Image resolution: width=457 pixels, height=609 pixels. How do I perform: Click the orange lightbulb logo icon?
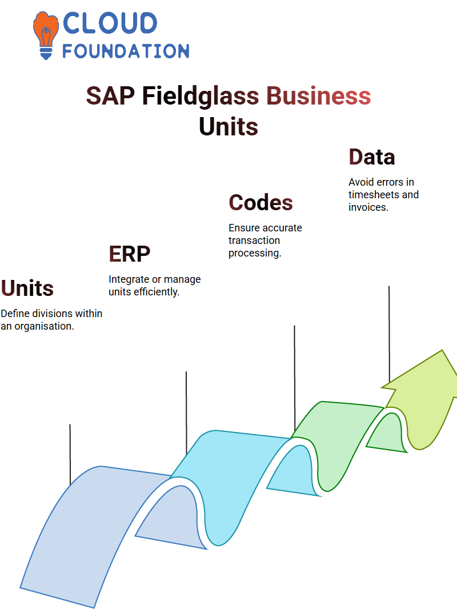46,35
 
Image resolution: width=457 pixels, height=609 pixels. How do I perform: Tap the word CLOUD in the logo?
110,23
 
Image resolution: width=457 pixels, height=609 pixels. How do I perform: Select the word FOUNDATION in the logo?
126,51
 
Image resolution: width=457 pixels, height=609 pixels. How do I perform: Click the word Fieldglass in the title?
201,96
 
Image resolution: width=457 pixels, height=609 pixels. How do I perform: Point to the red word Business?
318,95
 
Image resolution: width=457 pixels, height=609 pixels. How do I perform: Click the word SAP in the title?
110,96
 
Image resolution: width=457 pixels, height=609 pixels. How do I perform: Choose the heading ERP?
129,254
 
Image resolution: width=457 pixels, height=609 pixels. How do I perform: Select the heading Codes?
260,203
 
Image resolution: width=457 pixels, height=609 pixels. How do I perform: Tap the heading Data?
371,157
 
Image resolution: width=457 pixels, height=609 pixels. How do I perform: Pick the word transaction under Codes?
254,241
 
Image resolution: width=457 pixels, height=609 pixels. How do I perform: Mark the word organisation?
44,326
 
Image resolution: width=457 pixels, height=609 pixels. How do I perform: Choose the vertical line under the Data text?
389,335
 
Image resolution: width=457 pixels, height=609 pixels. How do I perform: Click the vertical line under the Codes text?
294,378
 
